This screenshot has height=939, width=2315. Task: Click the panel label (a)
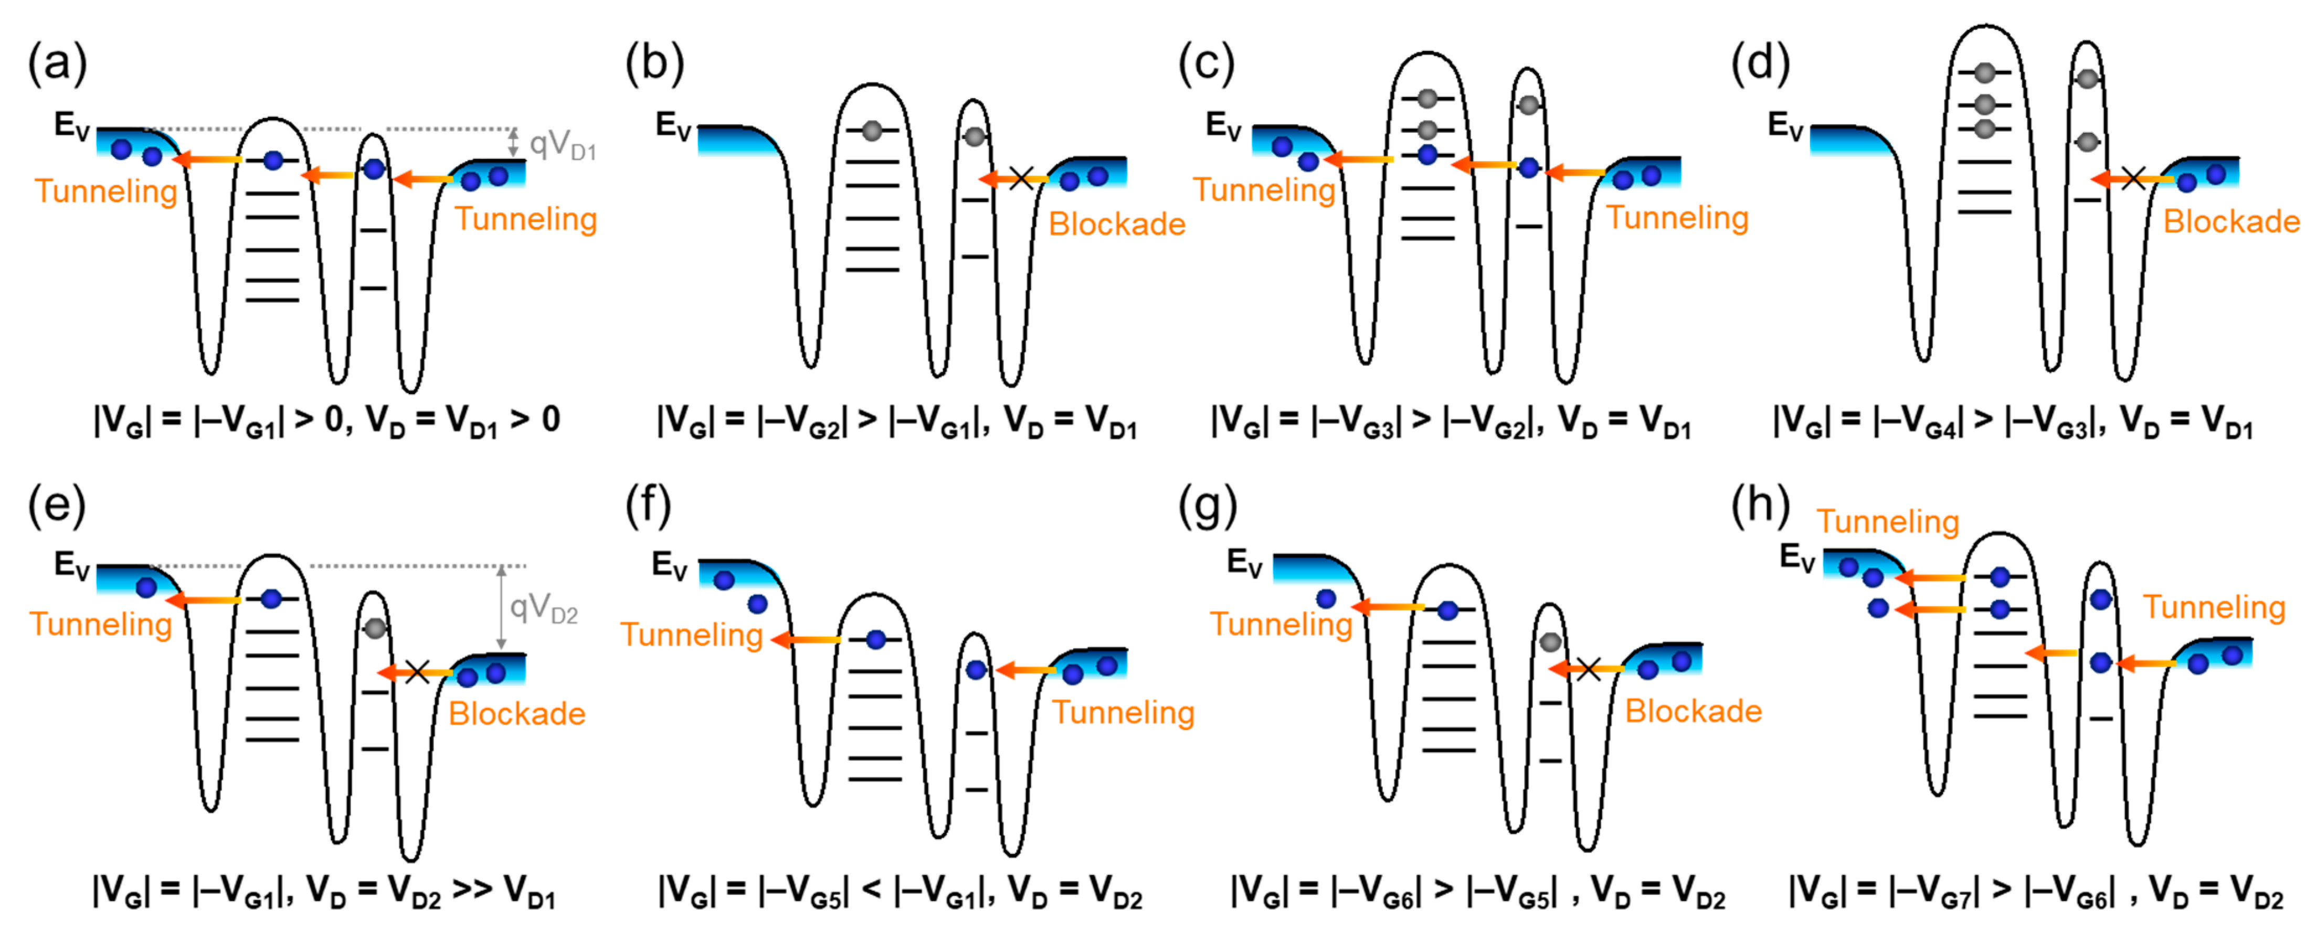(58, 65)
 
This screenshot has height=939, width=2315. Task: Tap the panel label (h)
(1760, 506)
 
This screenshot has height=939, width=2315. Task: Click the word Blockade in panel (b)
(1116, 224)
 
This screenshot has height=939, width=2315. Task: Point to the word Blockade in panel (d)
(2231, 221)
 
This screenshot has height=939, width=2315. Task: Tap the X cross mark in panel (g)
(1588, 668)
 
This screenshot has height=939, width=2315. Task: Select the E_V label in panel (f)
(670, 566)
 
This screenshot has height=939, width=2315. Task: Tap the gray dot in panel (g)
(1549, 642)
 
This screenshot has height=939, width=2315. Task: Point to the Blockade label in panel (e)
(517, 713)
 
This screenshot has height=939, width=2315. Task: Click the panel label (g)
(1207, 506)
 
